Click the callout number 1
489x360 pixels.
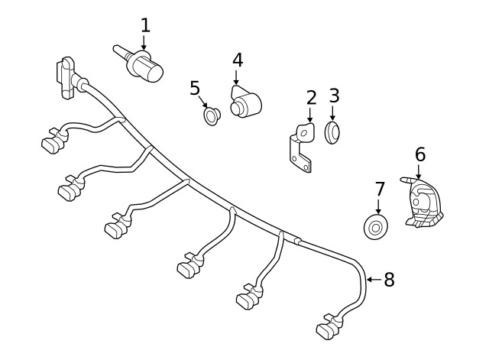(x=145, y=25)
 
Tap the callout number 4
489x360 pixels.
(x=238, y=60)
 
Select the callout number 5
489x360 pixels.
(x=195, y=88)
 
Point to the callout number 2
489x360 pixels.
(x=311, y=98)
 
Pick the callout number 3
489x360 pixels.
(x=334, y=96)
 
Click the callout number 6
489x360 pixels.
(x=420, y=154)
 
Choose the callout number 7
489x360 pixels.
(x=379, y=190)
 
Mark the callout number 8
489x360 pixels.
(x=389, y=279)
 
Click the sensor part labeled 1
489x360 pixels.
(x=139, y=64)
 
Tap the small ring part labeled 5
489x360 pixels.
(x=212, y=115)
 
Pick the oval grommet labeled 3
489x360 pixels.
(x=332, y=133)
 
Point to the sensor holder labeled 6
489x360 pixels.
(x=424, y=203)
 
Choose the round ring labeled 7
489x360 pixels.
(x=377, y=227)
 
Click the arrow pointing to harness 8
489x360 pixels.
(x=374, y=280)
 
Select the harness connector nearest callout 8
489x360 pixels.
(x=329, y=327)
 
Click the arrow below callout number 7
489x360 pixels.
(x=379, y=206)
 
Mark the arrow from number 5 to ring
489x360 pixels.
(x=203, y=102)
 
